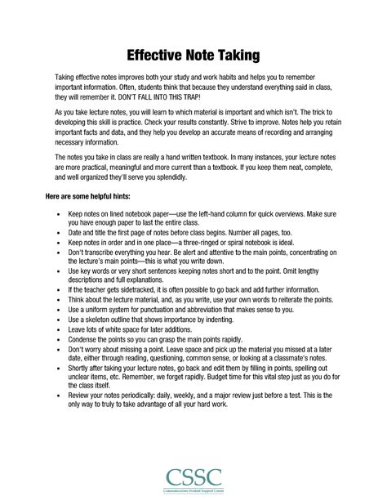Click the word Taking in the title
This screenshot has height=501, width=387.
pos(237,56)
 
